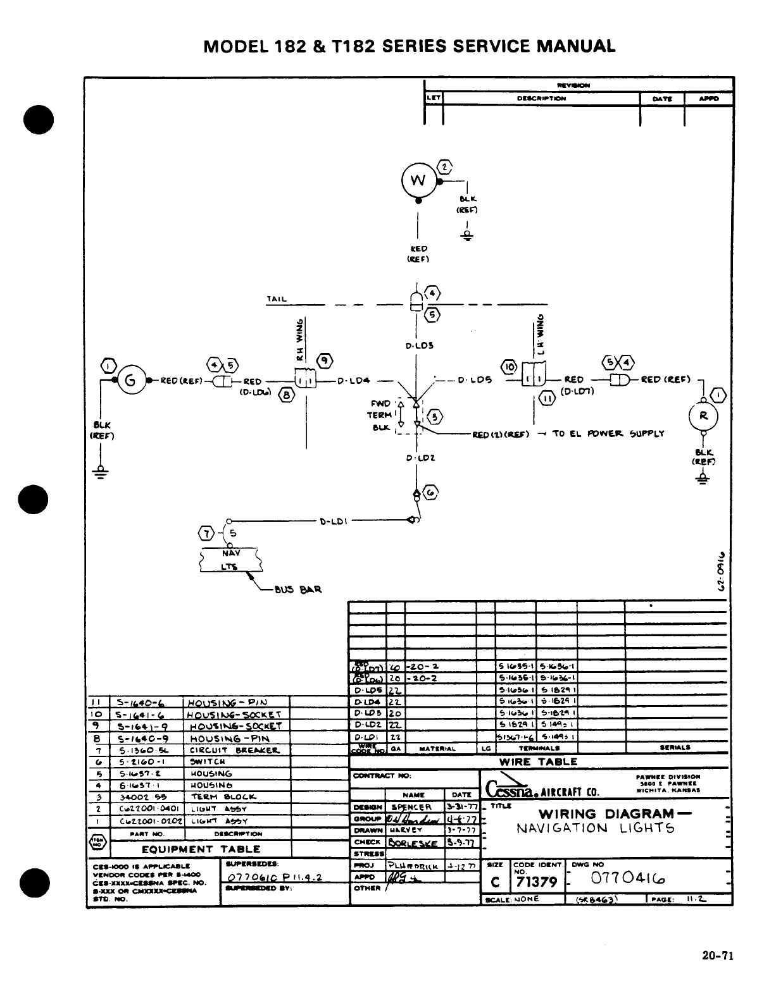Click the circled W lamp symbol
[x=417, y=180]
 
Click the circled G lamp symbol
[x=130, y=381]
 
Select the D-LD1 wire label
[x=332, y=521]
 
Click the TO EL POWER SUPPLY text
[x=608, y=434]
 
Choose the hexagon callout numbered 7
[x=207, y=531]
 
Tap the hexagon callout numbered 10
[x=509, y=366]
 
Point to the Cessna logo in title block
[x=511, y=788]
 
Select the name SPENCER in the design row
[x=411, y=808]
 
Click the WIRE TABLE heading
[x=538, y=762]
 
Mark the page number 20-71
[x=717, y=956]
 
